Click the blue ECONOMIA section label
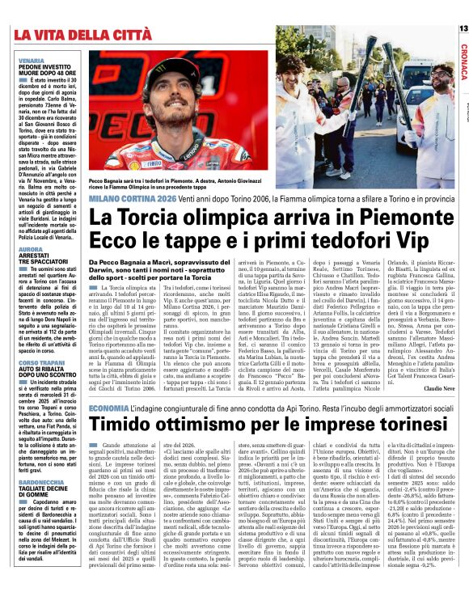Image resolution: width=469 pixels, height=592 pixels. (x=108, y=408)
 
